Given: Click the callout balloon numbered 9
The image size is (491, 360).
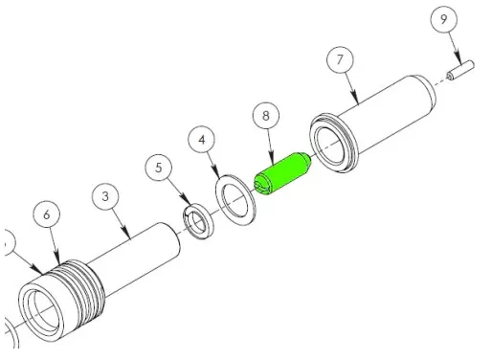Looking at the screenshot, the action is pos(444,19).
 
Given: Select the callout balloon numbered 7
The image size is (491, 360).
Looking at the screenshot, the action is pos(340,59).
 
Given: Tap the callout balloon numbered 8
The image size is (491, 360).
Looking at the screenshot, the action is pos(266,116).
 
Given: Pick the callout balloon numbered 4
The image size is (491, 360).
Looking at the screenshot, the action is pos(202,140).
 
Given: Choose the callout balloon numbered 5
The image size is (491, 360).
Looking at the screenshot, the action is pos(159,168).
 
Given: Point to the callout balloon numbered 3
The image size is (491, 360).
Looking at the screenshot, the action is pos(105,196).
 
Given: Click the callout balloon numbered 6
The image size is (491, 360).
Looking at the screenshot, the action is pos(47,214).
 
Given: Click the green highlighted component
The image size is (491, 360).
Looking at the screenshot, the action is pos(282,174).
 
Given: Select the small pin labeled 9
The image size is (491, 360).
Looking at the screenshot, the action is pos(460,70).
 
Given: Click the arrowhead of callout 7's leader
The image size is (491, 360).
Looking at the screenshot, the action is pos(358,102).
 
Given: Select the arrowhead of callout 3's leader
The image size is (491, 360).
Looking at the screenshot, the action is pos(129,237).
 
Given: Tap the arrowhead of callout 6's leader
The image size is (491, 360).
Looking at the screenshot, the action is pos(59,263).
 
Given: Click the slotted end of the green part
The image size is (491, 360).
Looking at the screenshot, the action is pos(262,187).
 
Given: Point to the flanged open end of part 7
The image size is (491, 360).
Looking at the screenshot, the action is pos(332,145).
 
